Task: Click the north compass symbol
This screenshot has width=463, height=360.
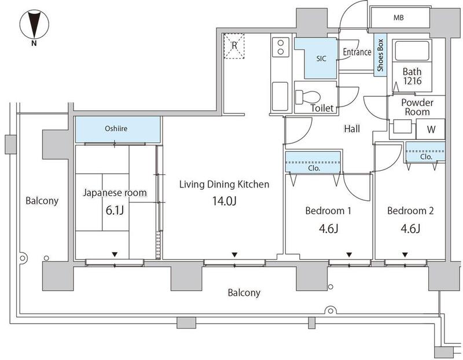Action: [34, 24]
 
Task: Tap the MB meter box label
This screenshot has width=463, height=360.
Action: [398, 18]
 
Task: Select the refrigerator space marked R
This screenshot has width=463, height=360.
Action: [234, 46]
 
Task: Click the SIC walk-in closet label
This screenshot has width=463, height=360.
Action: [321, 58]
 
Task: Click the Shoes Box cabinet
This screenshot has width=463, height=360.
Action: [380, 55]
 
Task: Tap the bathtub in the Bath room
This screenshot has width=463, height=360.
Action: [412, 51]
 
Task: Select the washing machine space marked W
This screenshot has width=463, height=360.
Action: [431, 129]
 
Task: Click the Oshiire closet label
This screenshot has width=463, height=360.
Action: [116, 128]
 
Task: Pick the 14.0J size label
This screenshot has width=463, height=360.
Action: [225, 201]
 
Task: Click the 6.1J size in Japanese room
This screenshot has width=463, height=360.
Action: [115, 211]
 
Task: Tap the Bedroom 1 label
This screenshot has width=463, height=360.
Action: [328, 211]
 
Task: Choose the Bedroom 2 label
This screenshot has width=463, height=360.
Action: [410, 211]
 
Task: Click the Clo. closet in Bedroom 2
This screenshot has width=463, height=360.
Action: [425, 152]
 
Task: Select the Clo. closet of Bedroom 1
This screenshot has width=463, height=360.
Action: [313, 162]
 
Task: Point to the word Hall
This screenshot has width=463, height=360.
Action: [352, 128]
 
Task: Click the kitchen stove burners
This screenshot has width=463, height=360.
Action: [281, 47]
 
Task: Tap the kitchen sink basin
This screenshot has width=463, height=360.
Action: [280, 96]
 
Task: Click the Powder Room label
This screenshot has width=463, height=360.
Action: [417, 107]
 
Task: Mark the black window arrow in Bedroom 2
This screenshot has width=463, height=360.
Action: [405, 255]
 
